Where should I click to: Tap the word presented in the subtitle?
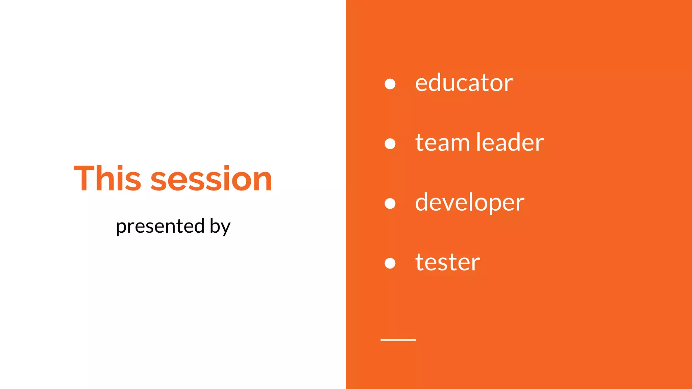pos(160,226)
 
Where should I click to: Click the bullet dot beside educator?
pos(390,84)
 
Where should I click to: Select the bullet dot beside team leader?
pos(390,144)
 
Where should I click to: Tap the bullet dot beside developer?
pos(390,203)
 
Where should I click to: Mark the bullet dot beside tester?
pos(390,263)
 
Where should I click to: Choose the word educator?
pos(464,83)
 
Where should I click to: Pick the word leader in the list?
pos(510,142)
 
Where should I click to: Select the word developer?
pos(470,203)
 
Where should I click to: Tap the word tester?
pos(447,262)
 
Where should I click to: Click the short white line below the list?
pos(398,340)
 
